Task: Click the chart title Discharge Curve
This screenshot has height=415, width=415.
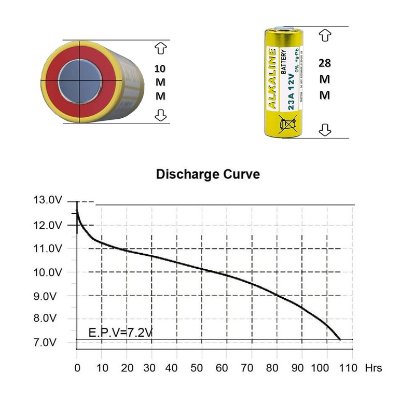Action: coord(208,174)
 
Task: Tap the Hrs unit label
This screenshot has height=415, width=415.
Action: coord(374,368)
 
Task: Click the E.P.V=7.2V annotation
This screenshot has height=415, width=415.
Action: coord(120,332)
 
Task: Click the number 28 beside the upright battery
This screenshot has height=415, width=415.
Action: coord(325,63)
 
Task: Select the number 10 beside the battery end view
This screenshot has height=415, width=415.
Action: coord(160,68)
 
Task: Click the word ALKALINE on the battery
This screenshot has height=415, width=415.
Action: coord(271,79)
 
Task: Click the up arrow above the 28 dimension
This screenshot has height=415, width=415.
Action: coord(325,36)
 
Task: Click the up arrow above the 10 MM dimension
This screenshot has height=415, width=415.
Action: coord(160,48)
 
